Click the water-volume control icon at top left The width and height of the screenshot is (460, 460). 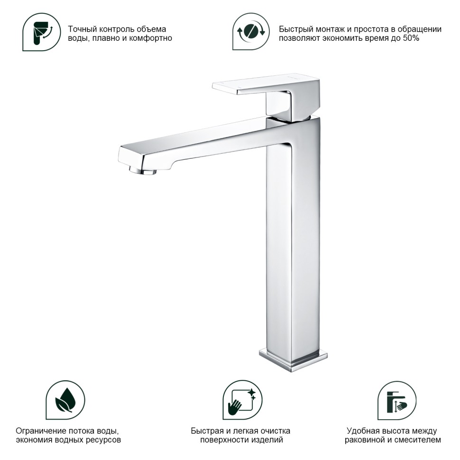click(41, 32)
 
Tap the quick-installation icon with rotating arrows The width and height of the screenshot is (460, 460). click(251, 31)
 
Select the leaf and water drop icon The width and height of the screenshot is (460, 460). click(65, 400)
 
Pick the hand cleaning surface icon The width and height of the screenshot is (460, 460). click(242, 400)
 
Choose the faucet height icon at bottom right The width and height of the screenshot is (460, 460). click(396, 400)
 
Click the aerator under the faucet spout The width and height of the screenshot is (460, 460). click(143, 170)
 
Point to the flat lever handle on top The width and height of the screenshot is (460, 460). click(266, 84)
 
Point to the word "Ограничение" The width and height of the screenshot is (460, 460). click(40, 431)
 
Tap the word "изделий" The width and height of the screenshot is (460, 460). click(270, 440)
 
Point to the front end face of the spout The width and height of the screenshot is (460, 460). click(129, 155)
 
